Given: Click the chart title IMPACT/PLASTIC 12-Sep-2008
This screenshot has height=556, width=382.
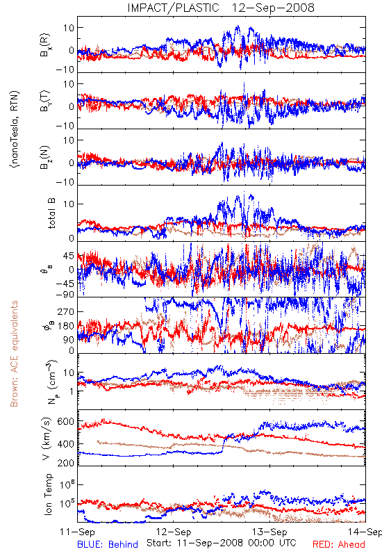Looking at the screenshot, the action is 221,8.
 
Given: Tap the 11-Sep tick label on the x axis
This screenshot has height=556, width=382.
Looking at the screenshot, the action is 78,532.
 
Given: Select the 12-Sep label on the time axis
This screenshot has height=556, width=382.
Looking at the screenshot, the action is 174,532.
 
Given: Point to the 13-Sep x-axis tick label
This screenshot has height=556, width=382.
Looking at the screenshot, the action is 269,532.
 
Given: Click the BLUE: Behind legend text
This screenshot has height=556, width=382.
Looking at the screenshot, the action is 108,544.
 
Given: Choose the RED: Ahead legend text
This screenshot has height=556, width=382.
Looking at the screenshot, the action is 339,544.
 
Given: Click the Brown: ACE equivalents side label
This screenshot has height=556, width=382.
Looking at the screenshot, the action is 14,354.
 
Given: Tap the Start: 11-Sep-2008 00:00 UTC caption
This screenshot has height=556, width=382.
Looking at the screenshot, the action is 222,543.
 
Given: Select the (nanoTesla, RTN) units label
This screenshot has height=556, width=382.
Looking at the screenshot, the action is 15,129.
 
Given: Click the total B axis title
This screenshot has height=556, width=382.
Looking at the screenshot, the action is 51,213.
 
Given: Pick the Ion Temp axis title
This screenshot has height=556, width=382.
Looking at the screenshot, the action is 48,494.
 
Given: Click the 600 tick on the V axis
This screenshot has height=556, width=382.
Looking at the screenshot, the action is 66,422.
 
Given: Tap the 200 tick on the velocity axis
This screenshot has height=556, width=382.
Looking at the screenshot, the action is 66,463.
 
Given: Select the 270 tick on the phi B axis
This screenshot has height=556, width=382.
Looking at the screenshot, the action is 66,312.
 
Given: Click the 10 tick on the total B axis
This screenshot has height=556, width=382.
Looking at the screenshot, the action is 69,204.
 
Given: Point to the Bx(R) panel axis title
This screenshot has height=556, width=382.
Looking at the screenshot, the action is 45,45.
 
